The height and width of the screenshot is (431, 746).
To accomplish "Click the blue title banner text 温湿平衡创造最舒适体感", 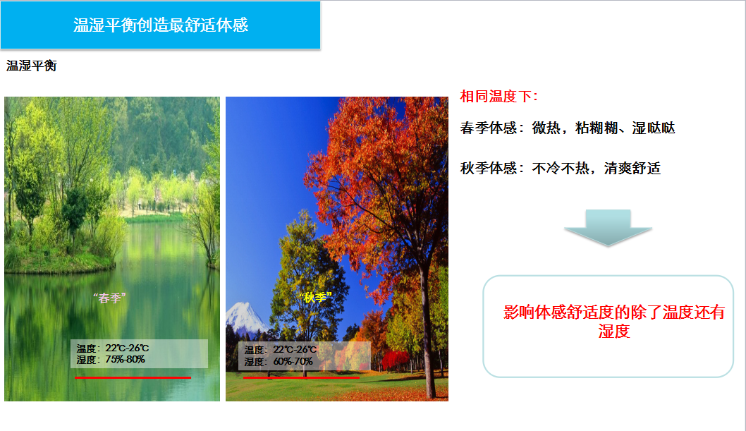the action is point(161,25).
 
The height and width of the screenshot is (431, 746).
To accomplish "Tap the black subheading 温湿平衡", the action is point(32,66).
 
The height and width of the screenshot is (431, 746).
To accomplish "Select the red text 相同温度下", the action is point(499,97).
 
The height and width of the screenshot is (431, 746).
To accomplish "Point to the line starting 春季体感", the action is point(567,128).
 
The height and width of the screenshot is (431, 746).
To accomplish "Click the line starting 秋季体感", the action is point(561,169).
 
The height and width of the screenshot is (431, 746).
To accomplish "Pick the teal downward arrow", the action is point(608,227).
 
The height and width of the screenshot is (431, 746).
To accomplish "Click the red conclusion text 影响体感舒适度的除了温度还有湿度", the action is point(613,322).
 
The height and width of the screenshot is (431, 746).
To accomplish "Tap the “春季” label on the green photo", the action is point(109,298).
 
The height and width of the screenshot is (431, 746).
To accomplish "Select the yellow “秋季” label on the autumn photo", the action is point(315,297).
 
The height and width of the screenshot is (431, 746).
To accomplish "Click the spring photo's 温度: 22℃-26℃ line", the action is point(113,348).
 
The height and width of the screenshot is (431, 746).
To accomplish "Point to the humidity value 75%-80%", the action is point(125,360).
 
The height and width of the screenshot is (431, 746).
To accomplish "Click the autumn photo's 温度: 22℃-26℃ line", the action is point(281,350).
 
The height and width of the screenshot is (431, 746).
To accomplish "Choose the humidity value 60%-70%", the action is point(293,362).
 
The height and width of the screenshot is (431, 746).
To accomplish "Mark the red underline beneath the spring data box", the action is point(133,377).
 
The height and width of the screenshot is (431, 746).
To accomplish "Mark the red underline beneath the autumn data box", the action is point(301,377).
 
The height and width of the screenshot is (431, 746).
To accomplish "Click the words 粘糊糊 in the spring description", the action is point(596,128).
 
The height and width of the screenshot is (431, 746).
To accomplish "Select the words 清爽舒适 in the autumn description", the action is point(632,169).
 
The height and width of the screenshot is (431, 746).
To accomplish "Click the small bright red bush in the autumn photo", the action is point(395,360).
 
